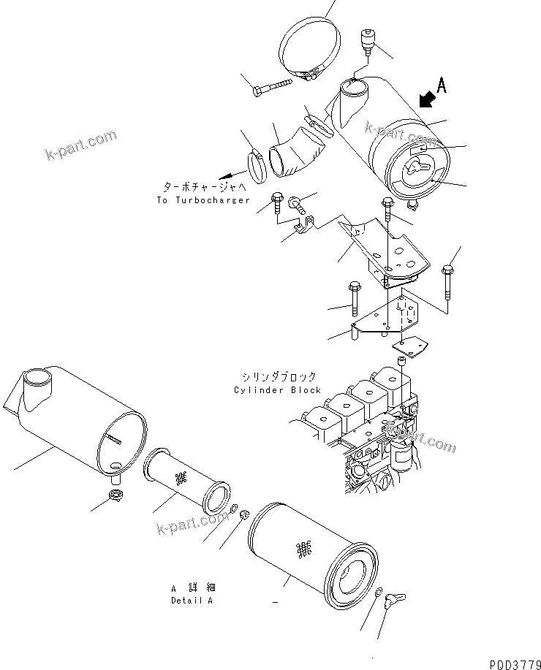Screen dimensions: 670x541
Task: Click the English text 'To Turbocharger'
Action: (203, 200)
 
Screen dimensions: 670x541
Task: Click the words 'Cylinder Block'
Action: (277, 389)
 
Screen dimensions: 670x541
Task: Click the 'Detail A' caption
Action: (192, 601)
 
